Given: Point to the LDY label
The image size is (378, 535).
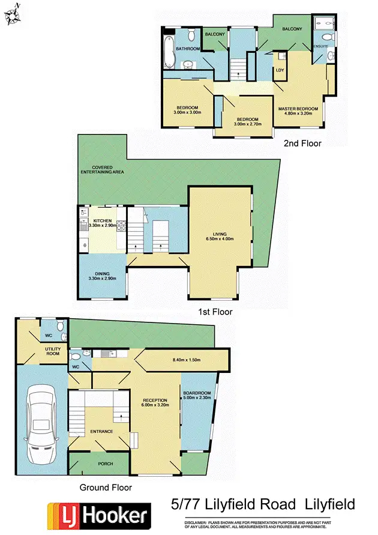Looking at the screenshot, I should coord(280,70).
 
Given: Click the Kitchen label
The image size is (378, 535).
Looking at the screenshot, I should coord(102,221).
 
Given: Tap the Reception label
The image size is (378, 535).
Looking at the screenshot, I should coord(155,400).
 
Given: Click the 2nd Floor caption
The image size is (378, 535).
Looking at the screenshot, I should coord(303,144).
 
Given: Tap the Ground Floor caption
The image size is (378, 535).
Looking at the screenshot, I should coord(105,488).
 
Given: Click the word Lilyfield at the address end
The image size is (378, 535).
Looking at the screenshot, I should coord(330,504).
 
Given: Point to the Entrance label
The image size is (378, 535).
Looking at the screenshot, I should coord(99,431).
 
